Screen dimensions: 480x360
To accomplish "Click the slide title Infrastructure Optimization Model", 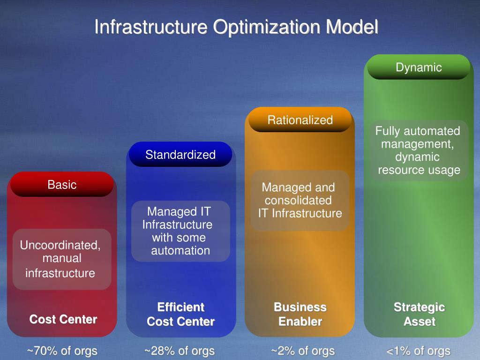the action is (x=236, y=27).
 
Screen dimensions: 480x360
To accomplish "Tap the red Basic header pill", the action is (x=62, y=184).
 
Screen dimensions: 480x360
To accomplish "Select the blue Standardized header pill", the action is (x=180, y=155).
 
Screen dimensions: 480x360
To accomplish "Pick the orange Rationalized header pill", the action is (x=300, y=120).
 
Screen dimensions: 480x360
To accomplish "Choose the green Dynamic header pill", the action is (x=419, y=67).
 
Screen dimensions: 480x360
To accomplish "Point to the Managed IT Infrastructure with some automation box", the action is (x=180, y=231).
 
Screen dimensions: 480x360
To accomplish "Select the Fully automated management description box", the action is (x=419, y=150).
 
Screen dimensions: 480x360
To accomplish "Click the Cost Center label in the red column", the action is (x=63, y=320).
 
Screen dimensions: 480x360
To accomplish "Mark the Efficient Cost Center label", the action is (x=180, y=315).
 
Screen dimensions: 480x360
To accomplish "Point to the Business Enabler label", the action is (x=300, y=315).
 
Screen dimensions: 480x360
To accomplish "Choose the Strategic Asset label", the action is (x=419, y=315).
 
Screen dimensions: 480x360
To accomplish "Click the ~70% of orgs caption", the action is (x=62, y=351).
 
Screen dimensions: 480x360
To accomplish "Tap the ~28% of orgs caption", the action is (x=180, y=351).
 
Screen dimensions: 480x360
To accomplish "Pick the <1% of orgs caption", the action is (x=418, y=351).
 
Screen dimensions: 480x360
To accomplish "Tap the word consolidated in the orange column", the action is (x=298, y=201).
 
